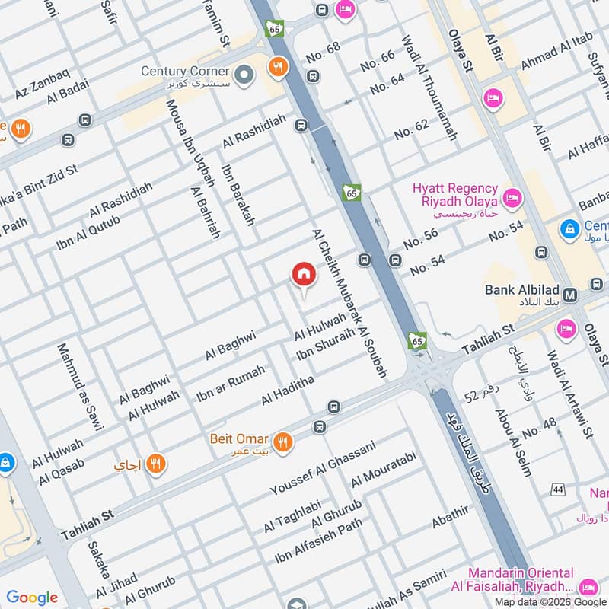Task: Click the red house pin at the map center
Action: point(304,274)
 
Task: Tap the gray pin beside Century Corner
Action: point(244,75)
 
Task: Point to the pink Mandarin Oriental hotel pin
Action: point(587,587)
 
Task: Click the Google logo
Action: point(32,598)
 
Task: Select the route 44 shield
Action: point(559,489)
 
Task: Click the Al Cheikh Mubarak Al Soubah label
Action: point(349,303)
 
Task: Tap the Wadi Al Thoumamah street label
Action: point(429,88)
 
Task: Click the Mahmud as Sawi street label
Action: point(79,387)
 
